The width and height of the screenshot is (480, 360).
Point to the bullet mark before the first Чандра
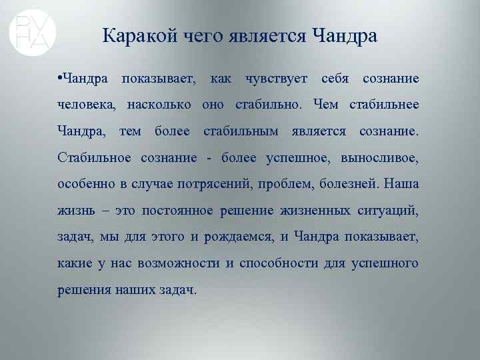point(60,79)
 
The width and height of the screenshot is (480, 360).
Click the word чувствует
point(276,79)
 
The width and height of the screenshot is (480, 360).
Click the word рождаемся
point(243,237)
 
